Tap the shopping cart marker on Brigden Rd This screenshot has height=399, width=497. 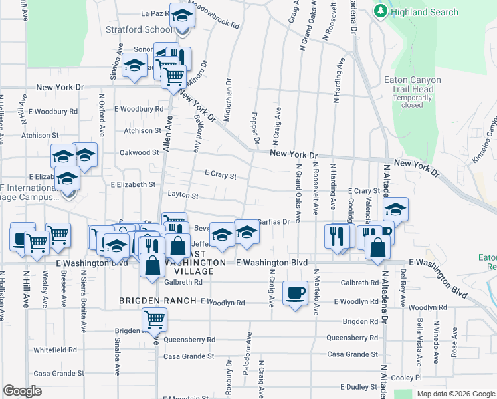(154, 321)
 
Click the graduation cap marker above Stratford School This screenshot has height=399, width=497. (181, 15)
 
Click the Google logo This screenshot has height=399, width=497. (23, 391)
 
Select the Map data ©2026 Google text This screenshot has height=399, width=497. (455, 394)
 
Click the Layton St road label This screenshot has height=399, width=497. (183, 196)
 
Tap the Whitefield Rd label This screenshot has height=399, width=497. (55, 350)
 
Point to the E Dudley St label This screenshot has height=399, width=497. (359, 386)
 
